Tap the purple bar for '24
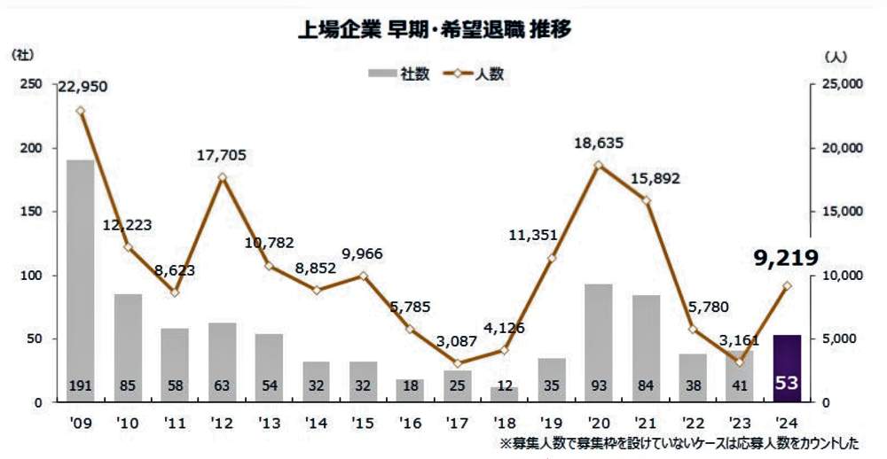coord(788,368)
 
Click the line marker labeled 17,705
coord(222,177)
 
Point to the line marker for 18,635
coord(599,165)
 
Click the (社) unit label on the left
coord(22,55)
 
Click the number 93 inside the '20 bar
coord(599,386)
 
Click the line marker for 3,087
coord(458,363)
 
